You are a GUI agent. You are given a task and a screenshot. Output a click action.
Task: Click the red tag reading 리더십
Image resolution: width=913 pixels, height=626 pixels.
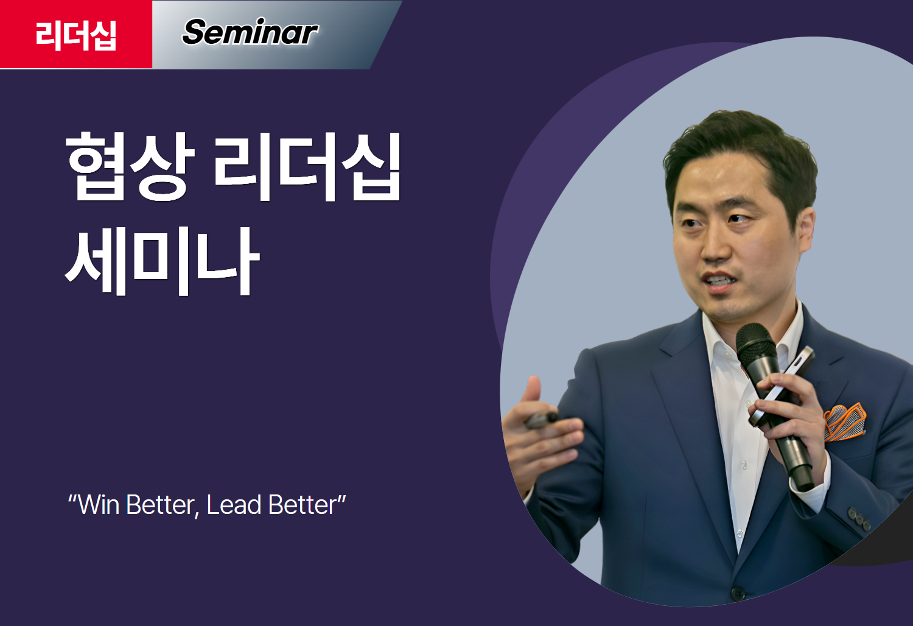click(x=76, y=34)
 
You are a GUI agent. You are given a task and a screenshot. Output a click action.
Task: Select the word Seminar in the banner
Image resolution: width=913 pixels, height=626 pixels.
click(x=250, y=32)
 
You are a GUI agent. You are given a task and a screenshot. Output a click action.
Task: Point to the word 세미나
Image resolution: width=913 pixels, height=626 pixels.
click(x=163, y=261)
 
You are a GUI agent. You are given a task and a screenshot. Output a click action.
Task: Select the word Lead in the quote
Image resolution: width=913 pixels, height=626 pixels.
click(x=234, y=505)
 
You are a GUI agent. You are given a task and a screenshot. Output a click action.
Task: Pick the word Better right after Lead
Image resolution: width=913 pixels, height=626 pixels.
click(x=303, y=505)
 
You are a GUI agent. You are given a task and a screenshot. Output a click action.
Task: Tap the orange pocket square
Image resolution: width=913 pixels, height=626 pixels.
click(x=845, y=423)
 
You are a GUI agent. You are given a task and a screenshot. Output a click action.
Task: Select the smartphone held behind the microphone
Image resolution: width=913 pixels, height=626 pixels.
click(x=780, y=387)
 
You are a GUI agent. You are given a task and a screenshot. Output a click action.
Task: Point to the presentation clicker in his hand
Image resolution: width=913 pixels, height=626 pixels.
click(x=541, y=420)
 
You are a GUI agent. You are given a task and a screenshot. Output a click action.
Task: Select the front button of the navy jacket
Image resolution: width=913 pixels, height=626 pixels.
click(x=738, y=593)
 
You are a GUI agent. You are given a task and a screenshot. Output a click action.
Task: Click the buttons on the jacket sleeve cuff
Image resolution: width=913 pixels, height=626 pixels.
click(x=859, y=519)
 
